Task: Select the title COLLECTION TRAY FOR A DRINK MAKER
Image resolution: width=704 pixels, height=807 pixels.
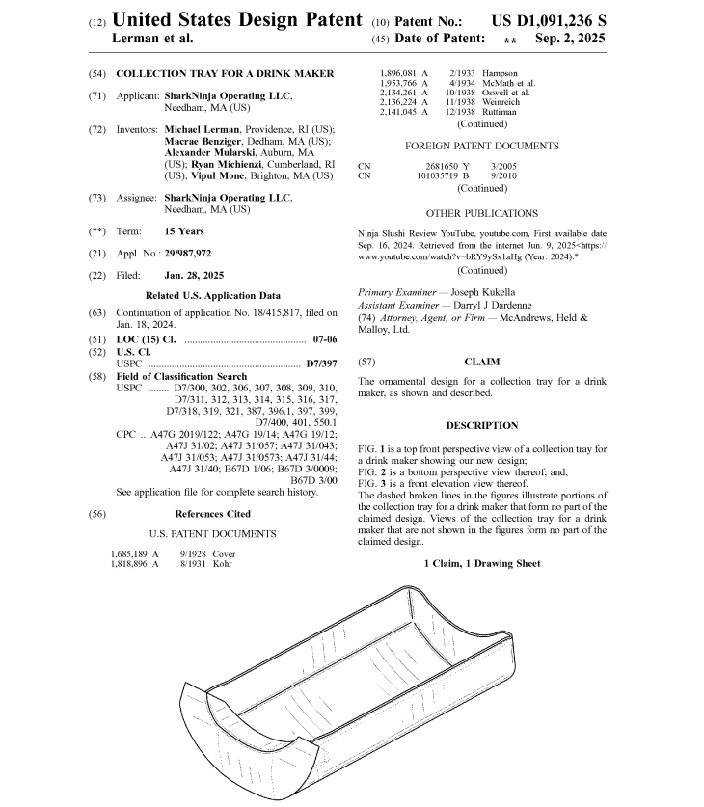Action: pos(225,73)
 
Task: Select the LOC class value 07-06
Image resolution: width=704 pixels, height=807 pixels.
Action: pos(325,340)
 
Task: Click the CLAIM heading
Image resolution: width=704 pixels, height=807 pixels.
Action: pos(481,362)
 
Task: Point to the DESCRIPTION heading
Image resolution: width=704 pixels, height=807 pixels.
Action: pos(481,425)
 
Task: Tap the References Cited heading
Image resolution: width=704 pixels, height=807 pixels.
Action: pos(212,514)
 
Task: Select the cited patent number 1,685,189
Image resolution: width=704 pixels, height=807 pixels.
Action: pos(134,553)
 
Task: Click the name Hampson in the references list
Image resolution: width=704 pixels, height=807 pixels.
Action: pos(500,73)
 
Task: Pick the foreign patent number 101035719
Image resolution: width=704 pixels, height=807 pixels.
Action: pos(443,176)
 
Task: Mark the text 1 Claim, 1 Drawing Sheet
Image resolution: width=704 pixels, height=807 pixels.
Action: pos(481,562)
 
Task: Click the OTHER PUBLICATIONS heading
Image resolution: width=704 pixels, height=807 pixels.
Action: pos(481,213)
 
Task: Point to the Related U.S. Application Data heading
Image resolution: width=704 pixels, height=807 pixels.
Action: pos(212,295)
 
